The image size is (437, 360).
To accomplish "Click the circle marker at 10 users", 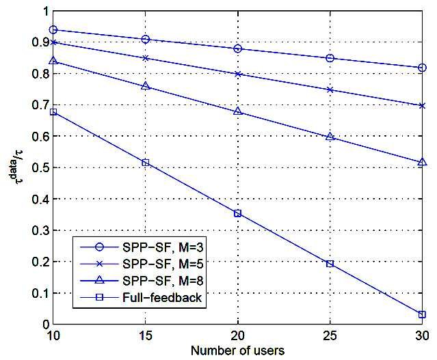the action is (53, 30).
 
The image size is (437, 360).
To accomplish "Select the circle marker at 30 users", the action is (422, 68).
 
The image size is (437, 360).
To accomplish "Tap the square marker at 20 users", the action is (238, 214).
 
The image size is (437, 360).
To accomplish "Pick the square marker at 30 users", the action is (422, 315).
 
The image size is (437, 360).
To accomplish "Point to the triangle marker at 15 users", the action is (146, 86).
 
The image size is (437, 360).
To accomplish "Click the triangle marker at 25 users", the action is (330, 137).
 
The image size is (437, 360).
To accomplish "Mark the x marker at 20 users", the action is (238, 74).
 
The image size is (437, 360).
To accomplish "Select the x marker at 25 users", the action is (330, 89).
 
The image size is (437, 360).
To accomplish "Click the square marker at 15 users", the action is (146, 163).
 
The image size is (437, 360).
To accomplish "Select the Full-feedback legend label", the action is (162, 298).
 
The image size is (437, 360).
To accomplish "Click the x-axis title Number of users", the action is (238, 350).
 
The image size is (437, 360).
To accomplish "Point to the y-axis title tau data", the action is (16, 167).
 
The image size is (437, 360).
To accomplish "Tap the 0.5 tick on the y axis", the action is (40, 167).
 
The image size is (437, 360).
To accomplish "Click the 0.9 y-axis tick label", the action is (40, 42).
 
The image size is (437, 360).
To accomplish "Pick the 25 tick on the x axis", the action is (330, 336).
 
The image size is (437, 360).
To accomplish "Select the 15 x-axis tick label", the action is (146, 336).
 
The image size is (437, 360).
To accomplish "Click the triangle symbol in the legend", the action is (99, 280).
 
